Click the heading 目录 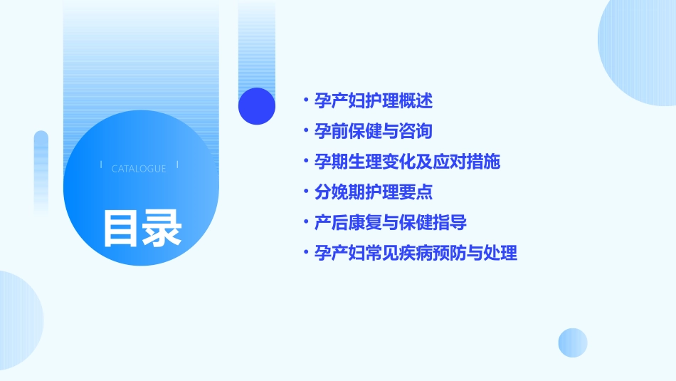coord(142,228)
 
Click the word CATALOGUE coord(139,169)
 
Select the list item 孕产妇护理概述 coord(374,101)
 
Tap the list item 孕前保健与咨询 coord(374,132)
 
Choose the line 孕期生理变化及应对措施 coord(407,162)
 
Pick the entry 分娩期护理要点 coord(374,192)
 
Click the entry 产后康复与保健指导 coord(391,223)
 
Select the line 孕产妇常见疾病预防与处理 coord(416,253)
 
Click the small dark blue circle coord(257,106)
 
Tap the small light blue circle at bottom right coord(573,343)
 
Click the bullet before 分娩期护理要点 coord(305,192)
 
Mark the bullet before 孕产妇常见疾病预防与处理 coord(305,253)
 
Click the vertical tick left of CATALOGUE coord(101,165)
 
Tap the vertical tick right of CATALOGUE coord(177,165)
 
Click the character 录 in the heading coord(162,228)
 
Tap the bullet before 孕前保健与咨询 coord(305,132)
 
